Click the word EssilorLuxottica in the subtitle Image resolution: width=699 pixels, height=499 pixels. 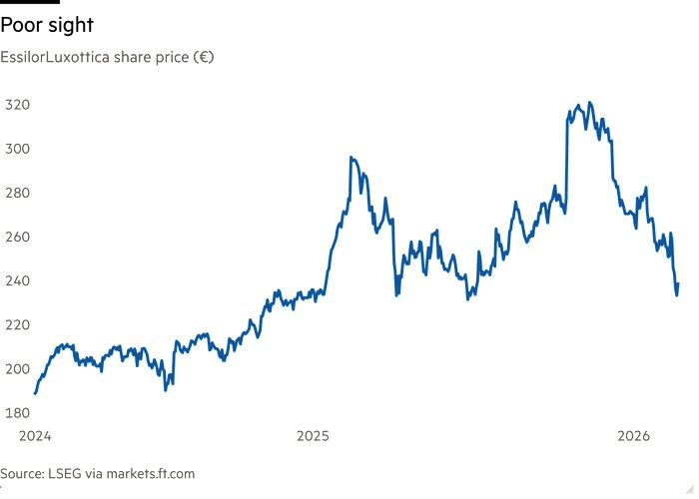(x=62, y=57)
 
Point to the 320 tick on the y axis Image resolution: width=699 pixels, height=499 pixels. (x=17, y=105)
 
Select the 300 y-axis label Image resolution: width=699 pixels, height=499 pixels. (x=17, y=149)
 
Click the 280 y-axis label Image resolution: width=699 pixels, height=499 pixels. (x=17, y=193)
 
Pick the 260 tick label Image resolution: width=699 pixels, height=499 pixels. (x=17, y=238)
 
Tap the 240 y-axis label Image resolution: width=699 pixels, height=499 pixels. (x=17, y=281)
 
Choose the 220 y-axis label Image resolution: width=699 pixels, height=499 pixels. (x=17, y=325)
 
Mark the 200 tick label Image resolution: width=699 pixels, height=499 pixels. (x=17, y=369)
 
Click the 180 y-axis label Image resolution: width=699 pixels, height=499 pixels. (x=17, y=413)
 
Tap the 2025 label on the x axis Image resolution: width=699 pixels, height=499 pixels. (x=313, y=436)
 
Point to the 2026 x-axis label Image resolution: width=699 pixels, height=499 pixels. (x=634, y=436)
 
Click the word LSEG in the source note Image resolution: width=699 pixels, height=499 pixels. (x=62, y=474)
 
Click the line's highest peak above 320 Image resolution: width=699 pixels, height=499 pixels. (x=589, y=103)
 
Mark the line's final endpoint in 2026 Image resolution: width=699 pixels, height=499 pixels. (x=678, y=284)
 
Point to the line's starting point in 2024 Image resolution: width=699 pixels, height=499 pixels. (x=35, y=393)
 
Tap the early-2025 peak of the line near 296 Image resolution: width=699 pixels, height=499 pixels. (x=351, y=158)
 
